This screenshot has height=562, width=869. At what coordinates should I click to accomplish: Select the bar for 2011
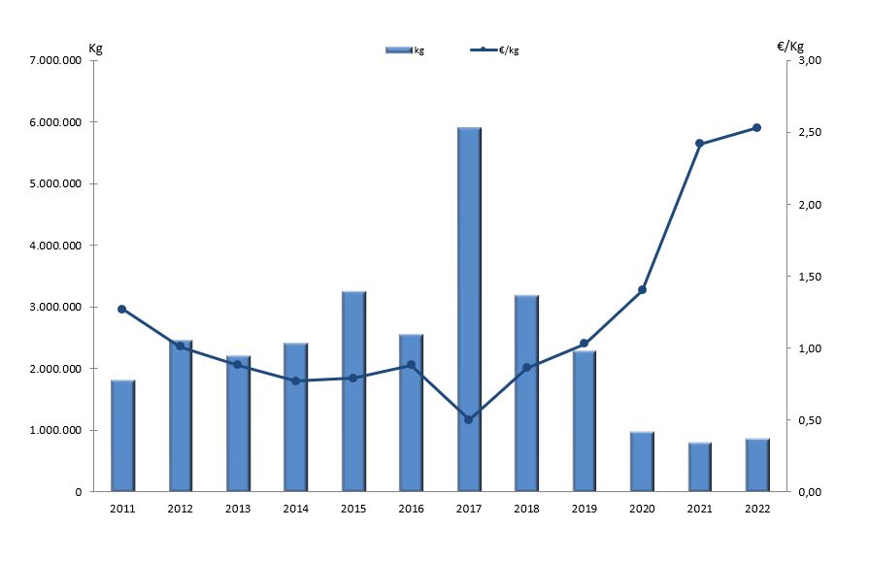pyautogui.click(x=122, y=436)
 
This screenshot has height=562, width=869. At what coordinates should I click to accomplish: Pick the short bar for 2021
pyautogui.click(x=700, y=467)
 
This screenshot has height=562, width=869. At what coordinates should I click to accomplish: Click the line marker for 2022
pyautogui.click(x=757, y=127)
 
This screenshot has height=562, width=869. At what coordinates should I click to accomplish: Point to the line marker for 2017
pyautogui.click(x=469, y=419)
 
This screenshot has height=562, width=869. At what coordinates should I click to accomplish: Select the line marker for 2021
pyautogui.click(x=700, y=144)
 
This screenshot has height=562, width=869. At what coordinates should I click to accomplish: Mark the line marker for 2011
pyautogui.click(x=122, y=309)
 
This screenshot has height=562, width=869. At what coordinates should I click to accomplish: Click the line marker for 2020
pyautogui.click(x=642, y=289)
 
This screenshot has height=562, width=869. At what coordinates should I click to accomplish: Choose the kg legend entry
pyautogui.click(x=405, y=50)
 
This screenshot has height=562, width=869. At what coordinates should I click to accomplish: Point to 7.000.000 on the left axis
pyautogui.click(x=55, y=61)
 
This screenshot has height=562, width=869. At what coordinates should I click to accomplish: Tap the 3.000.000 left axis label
pyautogui.click(x=55, y=307)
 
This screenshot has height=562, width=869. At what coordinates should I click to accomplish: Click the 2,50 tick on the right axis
pyautogui.click(x=809, y=133)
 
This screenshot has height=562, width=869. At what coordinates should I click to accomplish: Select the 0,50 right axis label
pyautogui.click(x=809, y=420)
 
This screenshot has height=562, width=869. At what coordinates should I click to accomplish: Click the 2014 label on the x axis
pyautogui.click(x=295, y=508)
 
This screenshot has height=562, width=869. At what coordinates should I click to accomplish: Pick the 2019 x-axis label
pyautogui.click(x=585, y=508)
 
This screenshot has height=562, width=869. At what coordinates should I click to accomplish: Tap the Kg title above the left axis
pyautogui.click(x=95, y=48)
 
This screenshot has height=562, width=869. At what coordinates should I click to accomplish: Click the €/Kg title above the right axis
pyautogui.click(x=790, y=46)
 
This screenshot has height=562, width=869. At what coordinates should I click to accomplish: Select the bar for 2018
pyautogui.click(x=526, y=393)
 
